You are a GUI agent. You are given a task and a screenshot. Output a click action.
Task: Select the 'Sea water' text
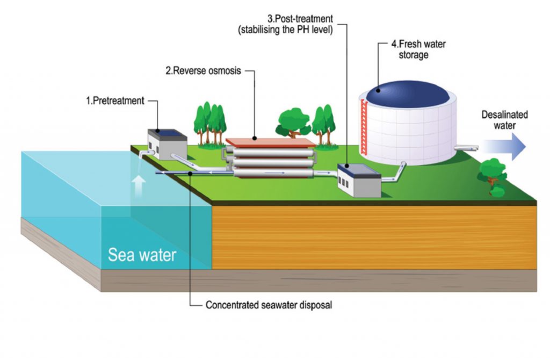[142, 254]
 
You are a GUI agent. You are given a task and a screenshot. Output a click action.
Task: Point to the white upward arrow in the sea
[139, 187]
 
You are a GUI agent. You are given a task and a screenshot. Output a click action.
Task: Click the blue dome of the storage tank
[408, 92]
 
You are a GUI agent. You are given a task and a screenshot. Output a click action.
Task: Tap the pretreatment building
[167, 143]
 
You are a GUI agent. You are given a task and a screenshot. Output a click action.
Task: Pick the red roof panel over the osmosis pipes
[270, 142]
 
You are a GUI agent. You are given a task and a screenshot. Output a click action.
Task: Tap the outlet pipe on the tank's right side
[465, 146]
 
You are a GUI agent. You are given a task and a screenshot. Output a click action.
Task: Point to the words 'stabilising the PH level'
[286, 30]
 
